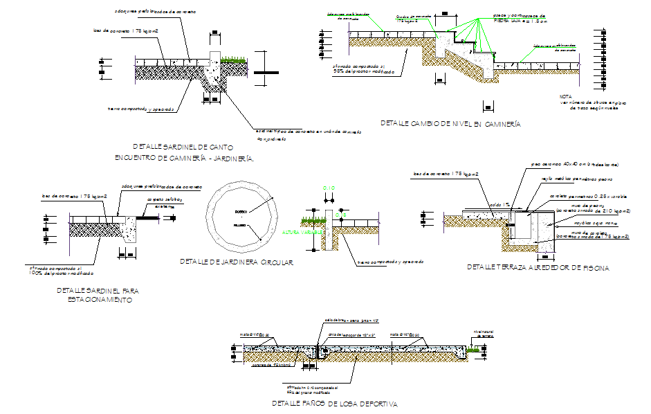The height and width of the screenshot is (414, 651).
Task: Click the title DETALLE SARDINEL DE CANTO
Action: click(x=183, y=147)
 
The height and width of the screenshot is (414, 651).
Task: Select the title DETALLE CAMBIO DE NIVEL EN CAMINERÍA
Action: click(x=450, y=124)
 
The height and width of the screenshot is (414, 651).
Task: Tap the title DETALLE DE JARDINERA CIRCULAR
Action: click(x=237, y=262)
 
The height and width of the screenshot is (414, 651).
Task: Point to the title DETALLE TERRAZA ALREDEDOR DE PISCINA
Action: click(x=538, y=267)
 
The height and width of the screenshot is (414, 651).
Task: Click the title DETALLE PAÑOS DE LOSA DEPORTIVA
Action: click(x=335, y=403)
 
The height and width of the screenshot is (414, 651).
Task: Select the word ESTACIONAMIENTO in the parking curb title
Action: click(x=100, y=300)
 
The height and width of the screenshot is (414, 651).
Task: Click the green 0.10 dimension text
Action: click(x=329, y=188)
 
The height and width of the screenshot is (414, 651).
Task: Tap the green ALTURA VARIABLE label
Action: click(x=300, y=233)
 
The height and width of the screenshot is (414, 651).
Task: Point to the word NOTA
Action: click(x=566, y=97)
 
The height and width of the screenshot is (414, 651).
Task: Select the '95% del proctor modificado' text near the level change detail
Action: click(x=364, y=71)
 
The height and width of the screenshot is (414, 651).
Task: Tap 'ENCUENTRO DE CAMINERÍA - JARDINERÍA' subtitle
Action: click(x=184, y=159)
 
